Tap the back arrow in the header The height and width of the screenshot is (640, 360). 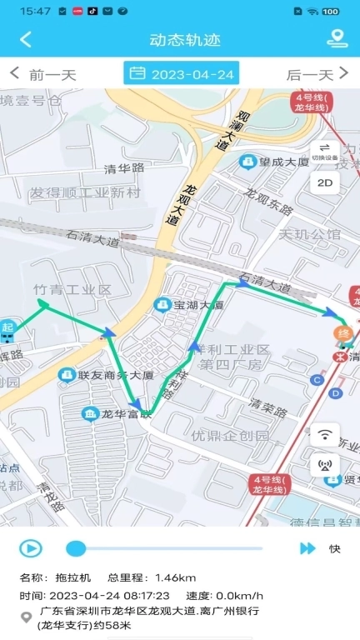pyautogui.click(x=26, y=39)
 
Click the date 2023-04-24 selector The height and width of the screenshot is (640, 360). pyautogui.click(x=181, y=73)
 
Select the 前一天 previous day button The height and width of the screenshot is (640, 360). pyautogui.click(x=42, y=74)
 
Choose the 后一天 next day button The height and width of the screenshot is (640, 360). pyautogui.click(x=317, y=74)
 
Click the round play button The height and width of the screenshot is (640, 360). pyautogui.click(x=31, y=547)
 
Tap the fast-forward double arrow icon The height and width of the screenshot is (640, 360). pyautogui.click(x=307, y=548)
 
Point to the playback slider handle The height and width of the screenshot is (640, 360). pyautogui.click(x=76, y=547)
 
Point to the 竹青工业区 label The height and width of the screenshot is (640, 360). pyautogui.click(x=72, y=289)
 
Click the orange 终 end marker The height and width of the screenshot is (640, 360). pyautogui.click(x=341, y=334)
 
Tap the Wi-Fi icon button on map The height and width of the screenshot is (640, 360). pyautogui.click(x=325, y=434)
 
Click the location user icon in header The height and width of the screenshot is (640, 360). pyautogui.click(x=337, y=38)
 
